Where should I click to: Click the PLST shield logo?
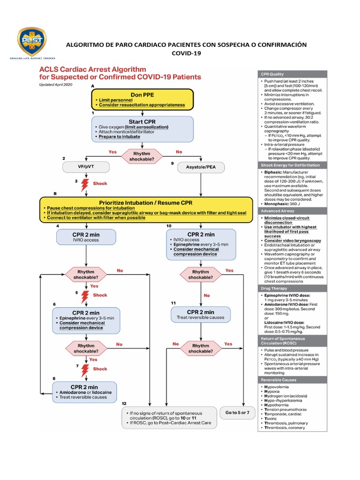tap(32, 41)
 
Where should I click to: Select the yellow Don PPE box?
tap(142, 99)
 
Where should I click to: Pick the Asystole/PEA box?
tap(201, 167)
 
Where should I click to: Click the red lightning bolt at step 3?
tap(85, 185)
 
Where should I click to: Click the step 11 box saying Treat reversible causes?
tap(200, 315)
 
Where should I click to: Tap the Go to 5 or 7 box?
tap(237, 412)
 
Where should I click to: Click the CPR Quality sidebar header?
tap(285, 74)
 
